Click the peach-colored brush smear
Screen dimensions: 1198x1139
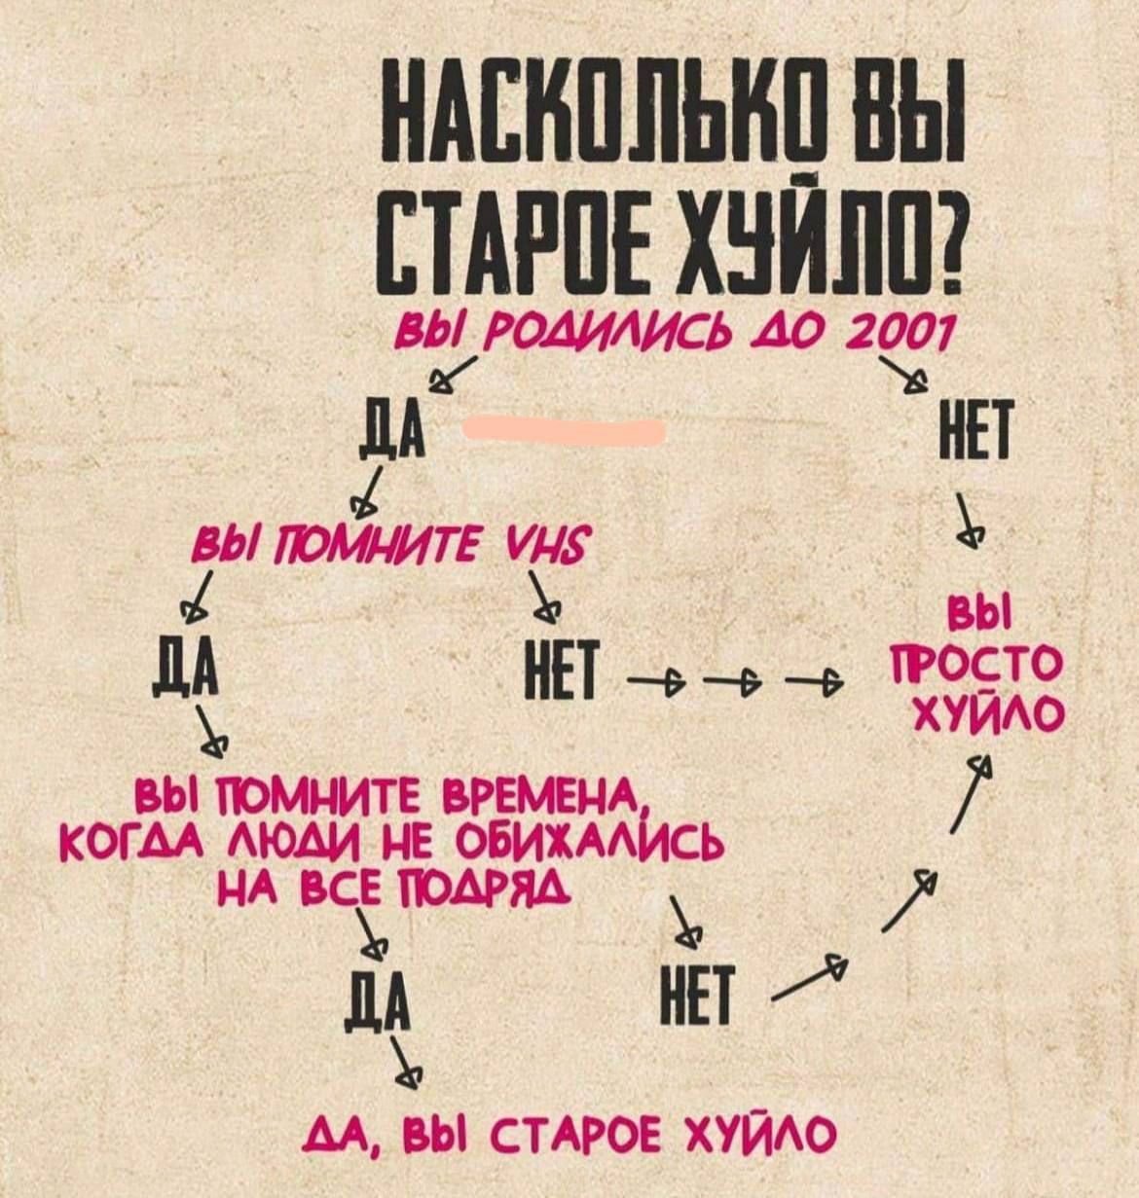point(565,428)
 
